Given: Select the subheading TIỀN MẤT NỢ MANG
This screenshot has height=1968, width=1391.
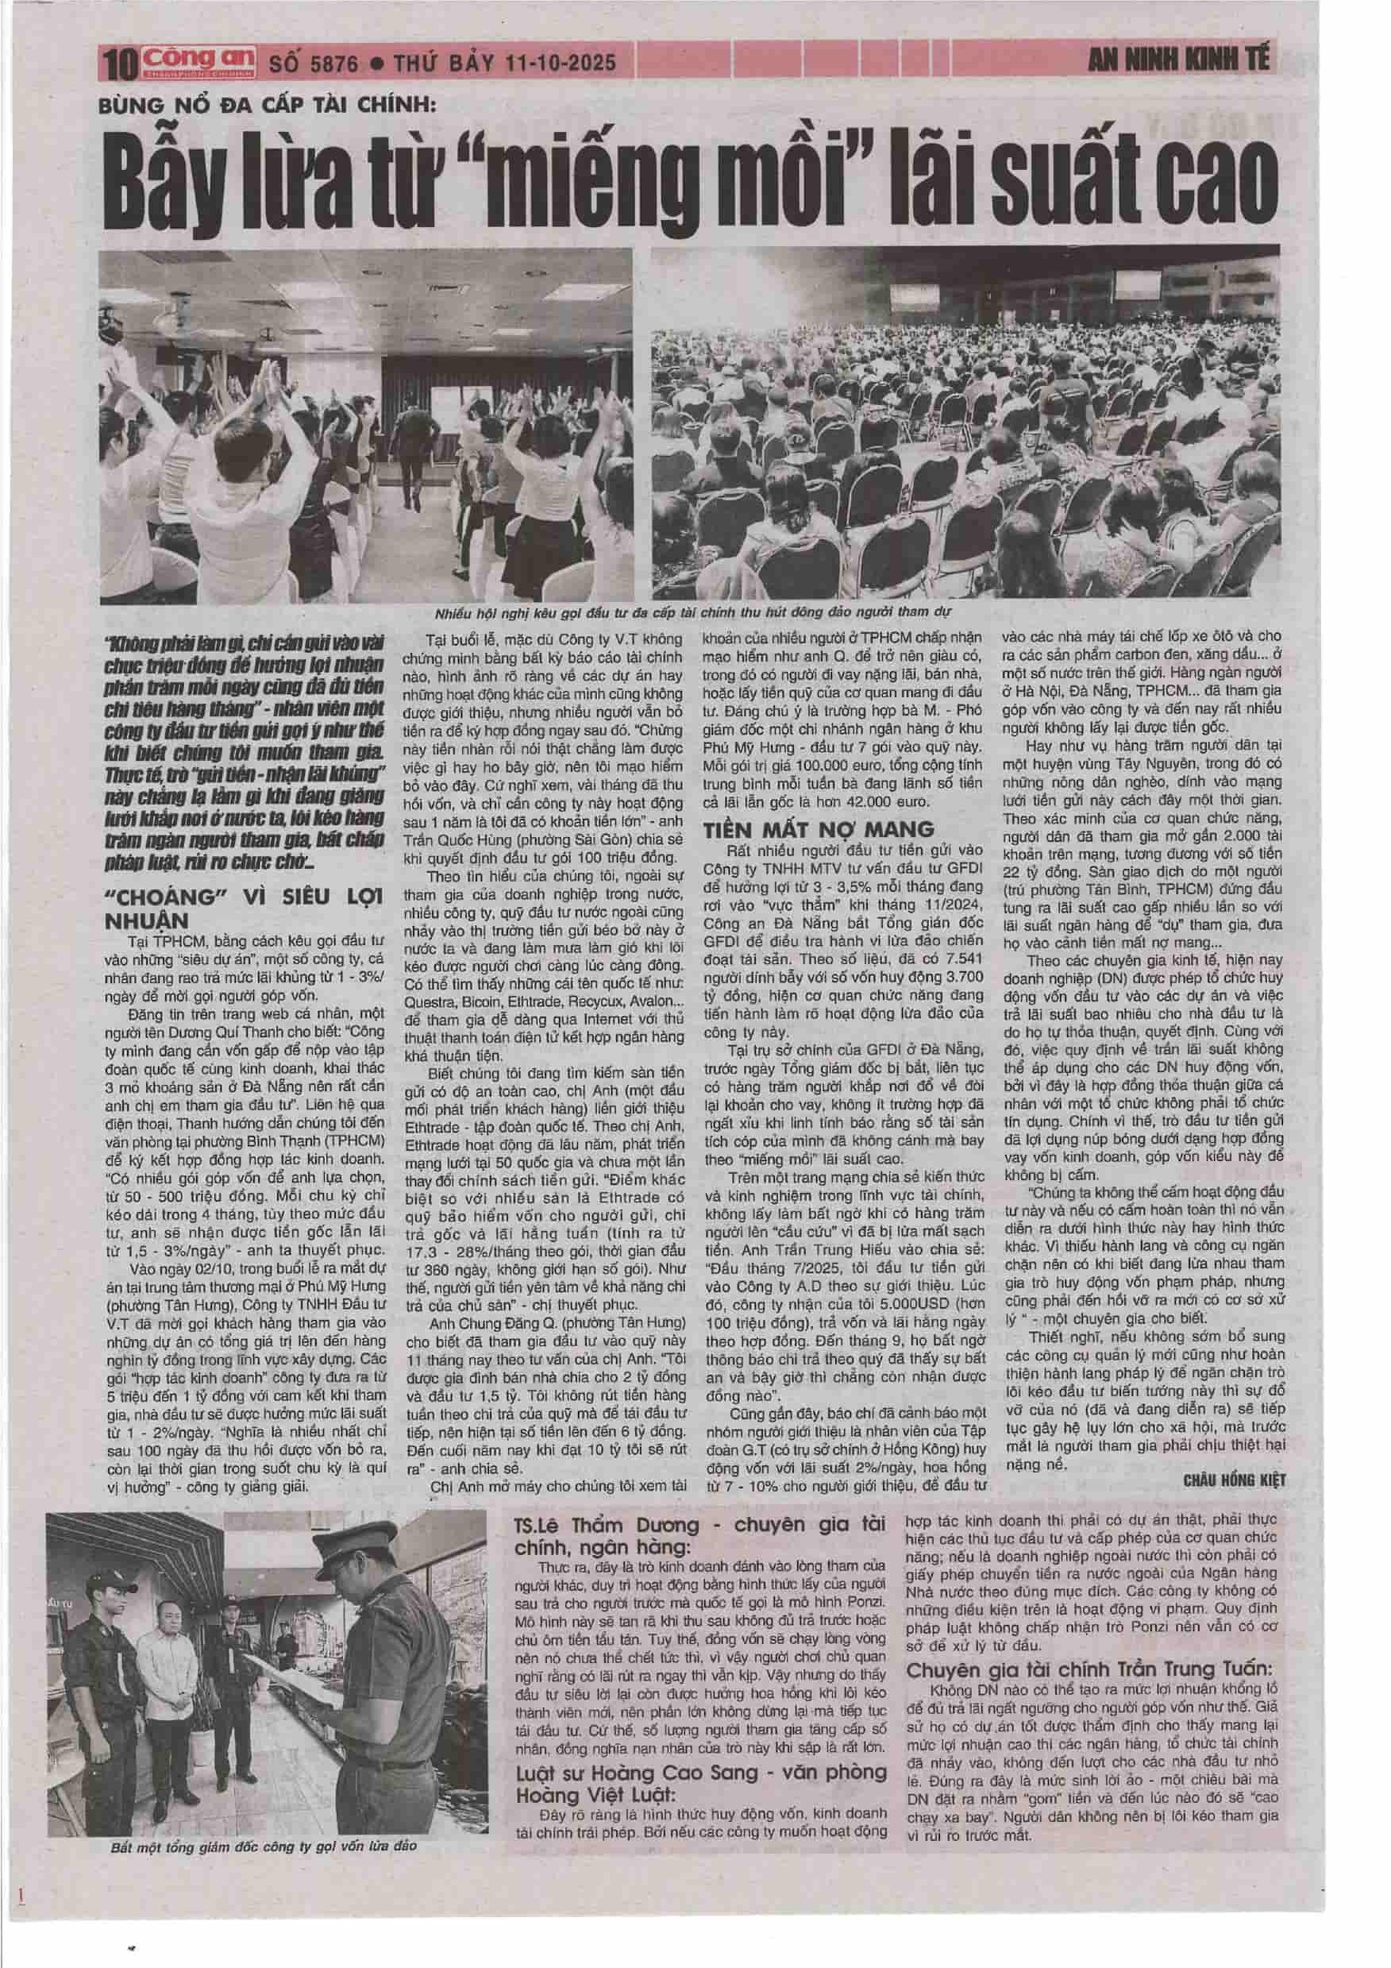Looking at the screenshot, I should pos(818,829).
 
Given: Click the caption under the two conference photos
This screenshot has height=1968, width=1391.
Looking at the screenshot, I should pos(693,614).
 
